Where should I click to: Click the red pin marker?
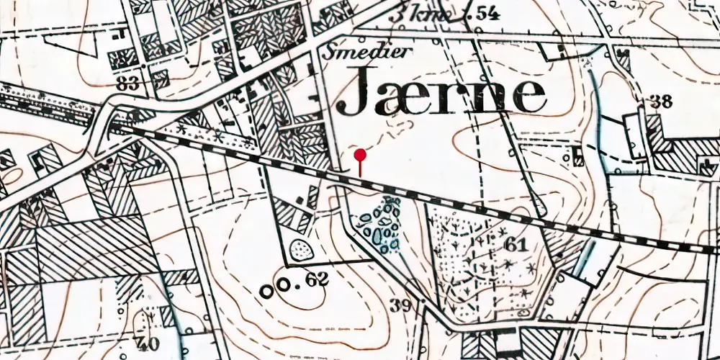pos(361,155)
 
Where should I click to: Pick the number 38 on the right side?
pos(660,101)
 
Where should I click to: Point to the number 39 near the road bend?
pos(401,304)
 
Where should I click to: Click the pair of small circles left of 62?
pos(276,288)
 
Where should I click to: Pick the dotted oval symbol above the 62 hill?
pos(300,250)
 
